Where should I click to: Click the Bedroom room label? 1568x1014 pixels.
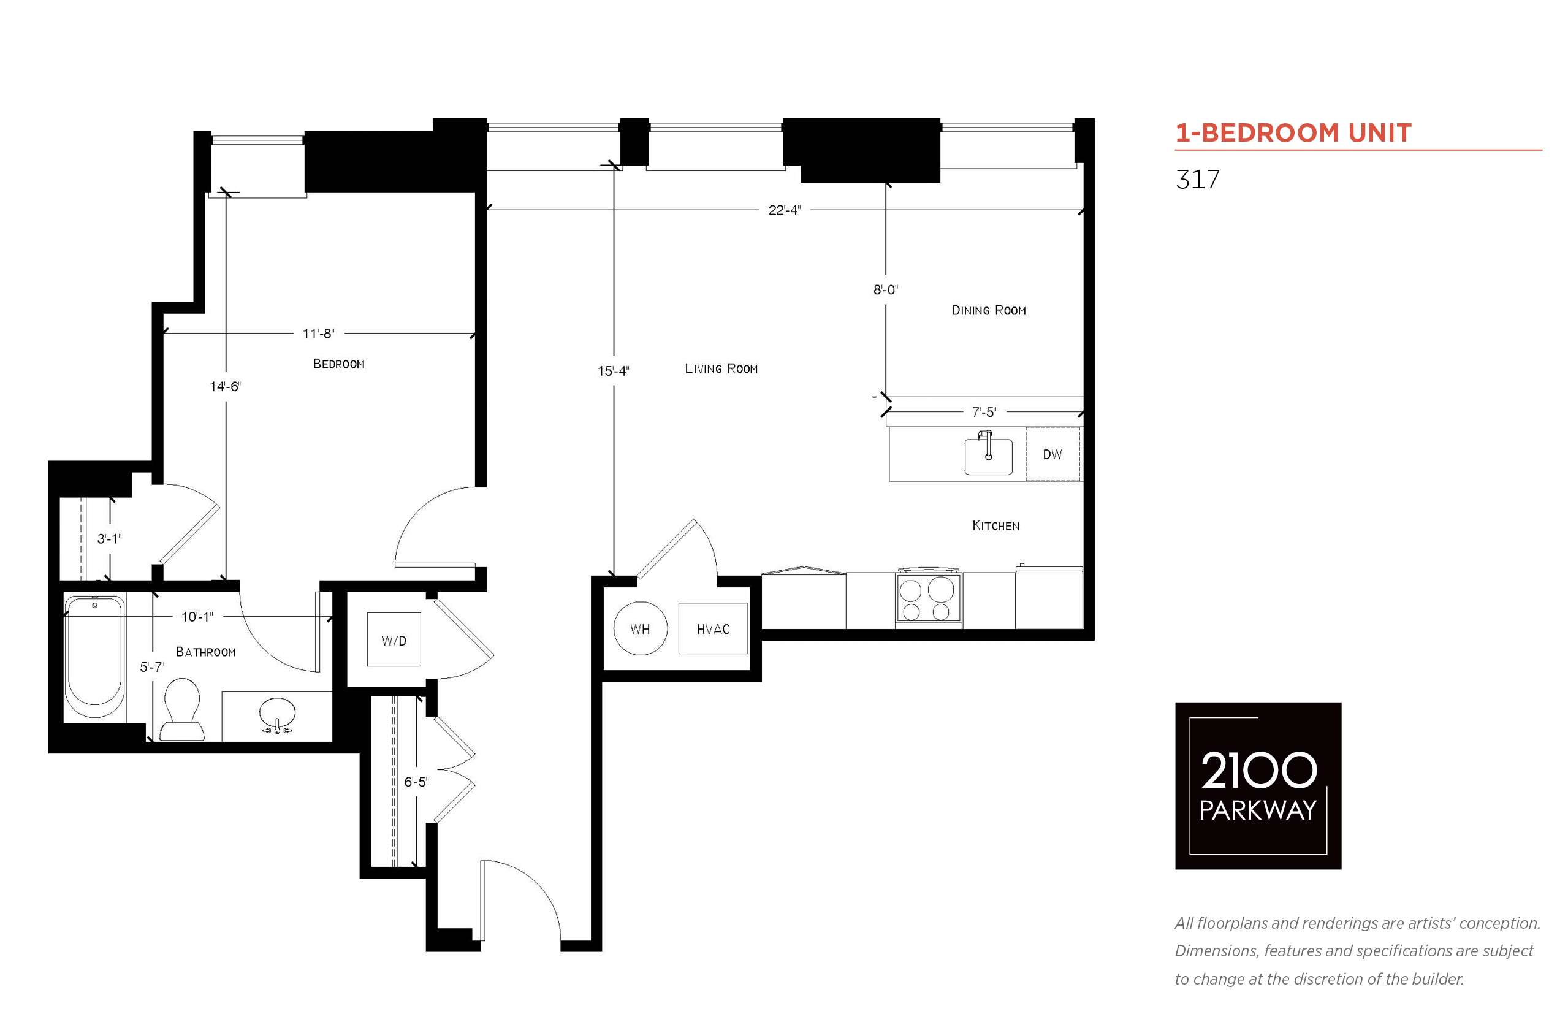point(338,364)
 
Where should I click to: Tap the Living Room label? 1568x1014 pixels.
point(721,368)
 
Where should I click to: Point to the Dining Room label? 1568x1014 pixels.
point(989,310)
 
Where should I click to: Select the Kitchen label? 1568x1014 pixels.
point(996,525)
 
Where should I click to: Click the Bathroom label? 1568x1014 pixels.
point(205,652)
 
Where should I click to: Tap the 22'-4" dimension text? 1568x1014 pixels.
point(785,210)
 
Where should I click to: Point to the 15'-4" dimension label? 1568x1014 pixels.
point(614,371)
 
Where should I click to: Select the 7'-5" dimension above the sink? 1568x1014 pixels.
point(984,411)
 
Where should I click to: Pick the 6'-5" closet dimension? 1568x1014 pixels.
point(416,782)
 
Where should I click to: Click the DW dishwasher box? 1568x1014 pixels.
point(1052,454)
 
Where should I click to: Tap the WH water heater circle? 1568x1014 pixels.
point(640,628)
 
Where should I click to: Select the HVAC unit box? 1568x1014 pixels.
point(713,628)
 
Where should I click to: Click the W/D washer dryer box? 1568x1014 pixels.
point(394,639)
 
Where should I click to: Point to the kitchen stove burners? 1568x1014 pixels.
point(927,597)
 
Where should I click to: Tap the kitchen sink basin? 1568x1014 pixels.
point(988,456)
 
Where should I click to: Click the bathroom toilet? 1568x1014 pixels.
point(181,709)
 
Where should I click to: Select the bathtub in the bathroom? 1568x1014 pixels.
point(95,657)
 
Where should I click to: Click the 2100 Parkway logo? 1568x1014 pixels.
point(1258,785)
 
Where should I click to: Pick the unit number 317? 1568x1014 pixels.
point(1197,179)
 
